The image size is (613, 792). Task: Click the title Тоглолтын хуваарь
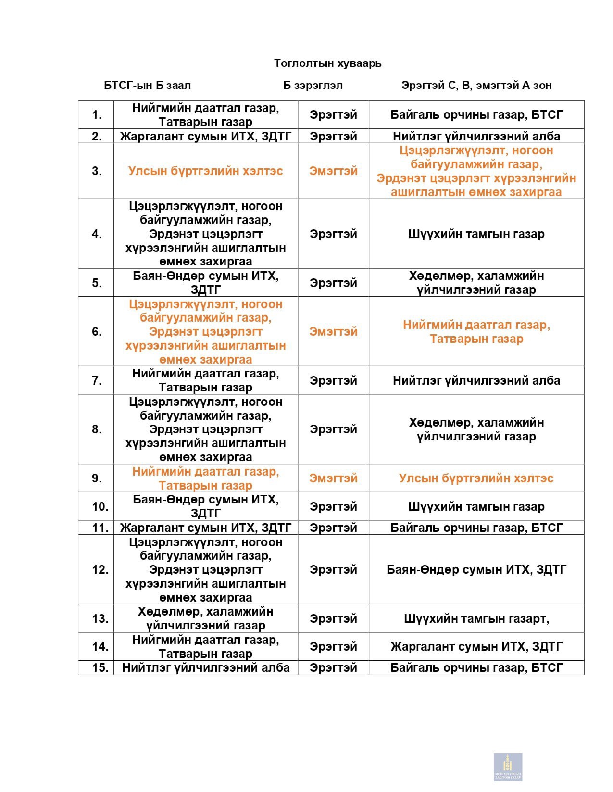coord(327,63)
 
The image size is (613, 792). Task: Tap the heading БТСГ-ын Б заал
coord(147,86)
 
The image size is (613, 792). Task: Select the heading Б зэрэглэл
coord(313,86)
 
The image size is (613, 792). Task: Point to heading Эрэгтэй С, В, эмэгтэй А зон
coord(476,86)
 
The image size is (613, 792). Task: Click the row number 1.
coord(97,115)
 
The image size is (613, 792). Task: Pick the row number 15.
coord(100,668)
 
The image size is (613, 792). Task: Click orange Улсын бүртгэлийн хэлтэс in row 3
coord(205,171)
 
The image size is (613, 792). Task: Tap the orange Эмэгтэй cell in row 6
coord(333,332)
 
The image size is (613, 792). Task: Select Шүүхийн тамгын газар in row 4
coord(476,234)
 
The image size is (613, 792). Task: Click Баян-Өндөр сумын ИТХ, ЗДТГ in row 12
coord(476,570)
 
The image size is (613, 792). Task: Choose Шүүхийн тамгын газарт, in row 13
coord(476,619)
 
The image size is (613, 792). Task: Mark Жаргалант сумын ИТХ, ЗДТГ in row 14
coord(476,647)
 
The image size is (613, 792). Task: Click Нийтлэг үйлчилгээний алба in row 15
coord(205,668)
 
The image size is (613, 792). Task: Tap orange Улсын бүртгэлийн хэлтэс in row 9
coord(476,478)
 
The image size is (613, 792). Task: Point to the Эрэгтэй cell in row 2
coord(333,137)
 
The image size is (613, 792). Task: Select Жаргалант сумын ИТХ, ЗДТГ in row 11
coord(205,528)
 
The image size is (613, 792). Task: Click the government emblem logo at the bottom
coord(508,767)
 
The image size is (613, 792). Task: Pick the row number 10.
coord(100,507)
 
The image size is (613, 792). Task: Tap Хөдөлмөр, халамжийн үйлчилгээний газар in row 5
coord(476,283)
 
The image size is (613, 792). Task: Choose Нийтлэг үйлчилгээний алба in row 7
coord(476,381)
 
